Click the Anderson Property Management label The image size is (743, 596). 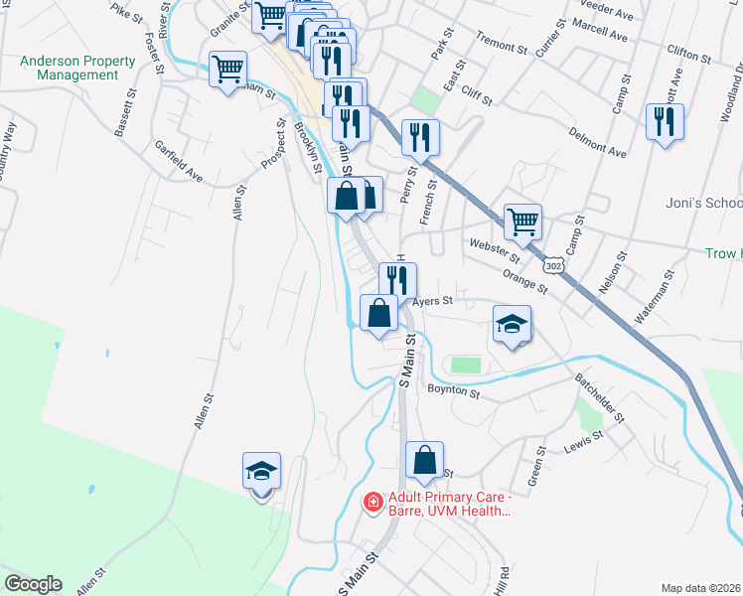(x=77, y=68)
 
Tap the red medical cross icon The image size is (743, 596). (x=372, y=504)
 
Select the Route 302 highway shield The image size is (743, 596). (x=553, y=266)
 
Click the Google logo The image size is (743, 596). (x=32, y=584)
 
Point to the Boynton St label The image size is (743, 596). (x=454, y=392)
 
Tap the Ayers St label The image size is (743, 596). (x=433, y=299)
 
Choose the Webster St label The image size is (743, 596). (x=488, y=244)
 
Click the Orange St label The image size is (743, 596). (x=524, y=282)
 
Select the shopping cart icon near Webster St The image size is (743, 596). (x=522, y=223)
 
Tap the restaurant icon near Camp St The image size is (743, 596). (x=663, y=122)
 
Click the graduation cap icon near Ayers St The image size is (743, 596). (x=512, y=324)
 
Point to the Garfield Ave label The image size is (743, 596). (x=179, y=162)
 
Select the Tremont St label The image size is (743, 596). (x=501, y=45)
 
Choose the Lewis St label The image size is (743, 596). (x=583, y=441)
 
